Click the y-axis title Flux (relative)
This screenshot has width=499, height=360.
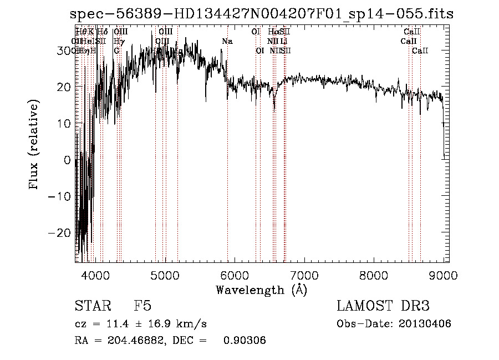coord(34,145)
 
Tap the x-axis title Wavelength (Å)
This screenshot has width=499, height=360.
coord(261,290)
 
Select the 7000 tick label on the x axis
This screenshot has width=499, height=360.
coord(304,274)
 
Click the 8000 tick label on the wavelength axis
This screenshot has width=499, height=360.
coord(374,274)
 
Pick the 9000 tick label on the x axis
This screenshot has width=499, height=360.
coord(443,274)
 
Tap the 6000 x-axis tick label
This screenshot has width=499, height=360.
coord(235,274)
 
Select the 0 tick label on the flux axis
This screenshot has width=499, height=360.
coord(68,160)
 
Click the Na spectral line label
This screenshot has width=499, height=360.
coord(227,41)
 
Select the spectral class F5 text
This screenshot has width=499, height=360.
coord(142,306)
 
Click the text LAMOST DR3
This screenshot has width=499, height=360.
coord(383,306)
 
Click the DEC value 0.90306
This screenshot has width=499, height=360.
coord(245,341)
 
